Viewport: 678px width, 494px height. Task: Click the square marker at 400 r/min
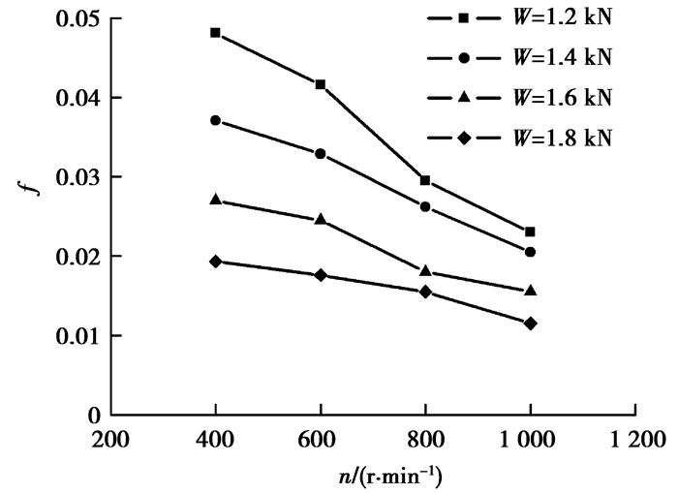pos(215,33)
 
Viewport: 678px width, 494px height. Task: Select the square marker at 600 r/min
pos(321,84)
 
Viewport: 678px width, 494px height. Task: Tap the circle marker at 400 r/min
pos(215,120)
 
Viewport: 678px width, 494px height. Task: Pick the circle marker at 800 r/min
pos(425,206)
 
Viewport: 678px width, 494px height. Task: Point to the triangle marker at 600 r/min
pos(321,219)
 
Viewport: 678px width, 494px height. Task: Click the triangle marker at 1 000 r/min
pos(530,290)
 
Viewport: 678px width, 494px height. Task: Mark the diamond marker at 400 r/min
pos(215,262)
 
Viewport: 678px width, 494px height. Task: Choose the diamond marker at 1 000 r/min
pos(530,323)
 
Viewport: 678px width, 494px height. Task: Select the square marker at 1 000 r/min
pos(530,232)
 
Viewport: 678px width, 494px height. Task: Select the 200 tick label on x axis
pos(110,441)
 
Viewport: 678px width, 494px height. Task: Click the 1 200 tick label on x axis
pos(635,441)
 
